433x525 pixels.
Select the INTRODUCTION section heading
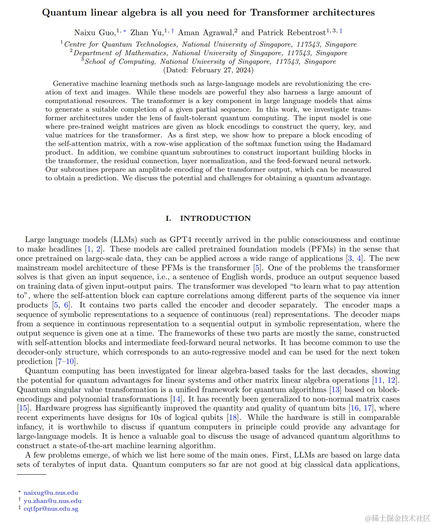pyautogui.click(x=215, y=218)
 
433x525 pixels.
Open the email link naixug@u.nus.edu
pyautogui.click(x=51, y=493)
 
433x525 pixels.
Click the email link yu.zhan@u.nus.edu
pyautogui.click(x=52, y=501)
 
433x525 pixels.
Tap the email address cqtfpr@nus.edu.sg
pyautogui.click(x=51, y=509)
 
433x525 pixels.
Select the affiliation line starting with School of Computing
pyautogui.click(x=210, y=61)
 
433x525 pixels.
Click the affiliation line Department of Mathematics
pyautogui.click(x=210, y=53)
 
